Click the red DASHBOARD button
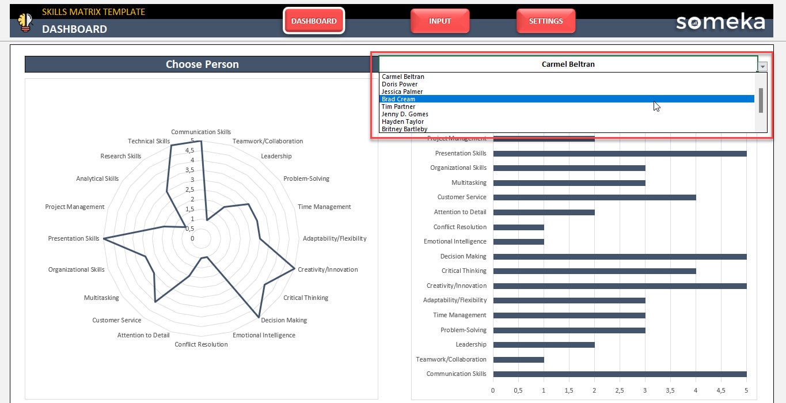[314, 21]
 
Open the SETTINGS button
[545, 21]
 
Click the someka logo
[720, 22]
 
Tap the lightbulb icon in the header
[25, 22]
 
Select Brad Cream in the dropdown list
[398, 99]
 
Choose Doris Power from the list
[400, 84]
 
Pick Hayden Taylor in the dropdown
[403, 121]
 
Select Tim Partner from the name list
[398, 107]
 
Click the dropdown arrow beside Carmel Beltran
[762, 66]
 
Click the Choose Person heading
[202, 64]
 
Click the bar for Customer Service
[594, 197]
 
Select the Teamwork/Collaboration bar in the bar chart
[518, 360]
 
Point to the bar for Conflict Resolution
[518, 227]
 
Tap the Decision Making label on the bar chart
[463, 256]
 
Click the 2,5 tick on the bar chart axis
[619, 390]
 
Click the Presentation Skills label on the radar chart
[74, 238]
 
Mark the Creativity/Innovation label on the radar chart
[328, 269]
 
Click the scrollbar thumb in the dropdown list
[761, 100]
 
